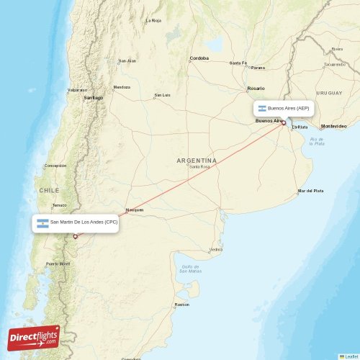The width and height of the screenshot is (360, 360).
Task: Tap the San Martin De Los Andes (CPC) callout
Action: click(75, 222)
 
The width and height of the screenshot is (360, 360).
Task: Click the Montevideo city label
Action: click(333, 126)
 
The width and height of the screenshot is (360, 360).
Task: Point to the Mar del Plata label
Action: click(310, 191)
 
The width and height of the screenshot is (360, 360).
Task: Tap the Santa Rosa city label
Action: click(199, 166)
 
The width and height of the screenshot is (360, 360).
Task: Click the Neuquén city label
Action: click(135, 210)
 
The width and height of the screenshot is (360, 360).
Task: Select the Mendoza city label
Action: click(122, 87)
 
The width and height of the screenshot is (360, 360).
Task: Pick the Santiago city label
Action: click(94, 97)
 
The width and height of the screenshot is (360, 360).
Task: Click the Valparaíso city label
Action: click(77, 90)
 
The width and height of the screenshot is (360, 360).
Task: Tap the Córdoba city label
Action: click(199, 58)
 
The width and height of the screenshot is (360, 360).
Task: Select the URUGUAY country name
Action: click(330, 93)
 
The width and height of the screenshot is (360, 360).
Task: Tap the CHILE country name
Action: click(49, 190)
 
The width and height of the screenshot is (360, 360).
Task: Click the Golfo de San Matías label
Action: click(190, 269)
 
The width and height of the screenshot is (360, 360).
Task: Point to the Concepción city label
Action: click(55, 166)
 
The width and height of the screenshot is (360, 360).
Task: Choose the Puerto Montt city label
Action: click(58, 264)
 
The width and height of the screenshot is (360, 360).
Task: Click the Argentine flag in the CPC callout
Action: click(42, 222)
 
